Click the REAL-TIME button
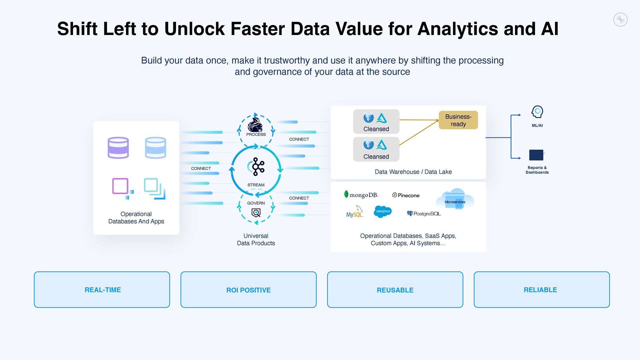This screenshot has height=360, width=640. click(102, 290)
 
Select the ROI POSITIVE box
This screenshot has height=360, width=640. click(248, 290)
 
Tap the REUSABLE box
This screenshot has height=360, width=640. click(395, 290)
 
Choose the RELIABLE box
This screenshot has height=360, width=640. click(542, 290)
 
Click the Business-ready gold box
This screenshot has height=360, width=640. click(458, 120)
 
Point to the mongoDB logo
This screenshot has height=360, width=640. click(361, 195)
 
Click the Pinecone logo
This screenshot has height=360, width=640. click(406, 195)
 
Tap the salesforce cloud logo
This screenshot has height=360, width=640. click(383, 211)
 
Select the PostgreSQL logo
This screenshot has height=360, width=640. click(424, 214)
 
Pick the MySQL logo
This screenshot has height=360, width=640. click(354, 212)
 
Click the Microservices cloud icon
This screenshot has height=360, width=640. click(455, 199)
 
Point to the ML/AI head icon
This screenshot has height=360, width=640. click(537, 112)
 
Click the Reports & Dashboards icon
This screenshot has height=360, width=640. click(537, 155)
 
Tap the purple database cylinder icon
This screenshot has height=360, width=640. click(118, 148)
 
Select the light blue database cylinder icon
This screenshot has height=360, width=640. click(155, 148)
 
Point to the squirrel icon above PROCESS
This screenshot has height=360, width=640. click(255, 125)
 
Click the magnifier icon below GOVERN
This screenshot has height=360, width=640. click(256, 213)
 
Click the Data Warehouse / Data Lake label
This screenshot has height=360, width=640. click(413, 172)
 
